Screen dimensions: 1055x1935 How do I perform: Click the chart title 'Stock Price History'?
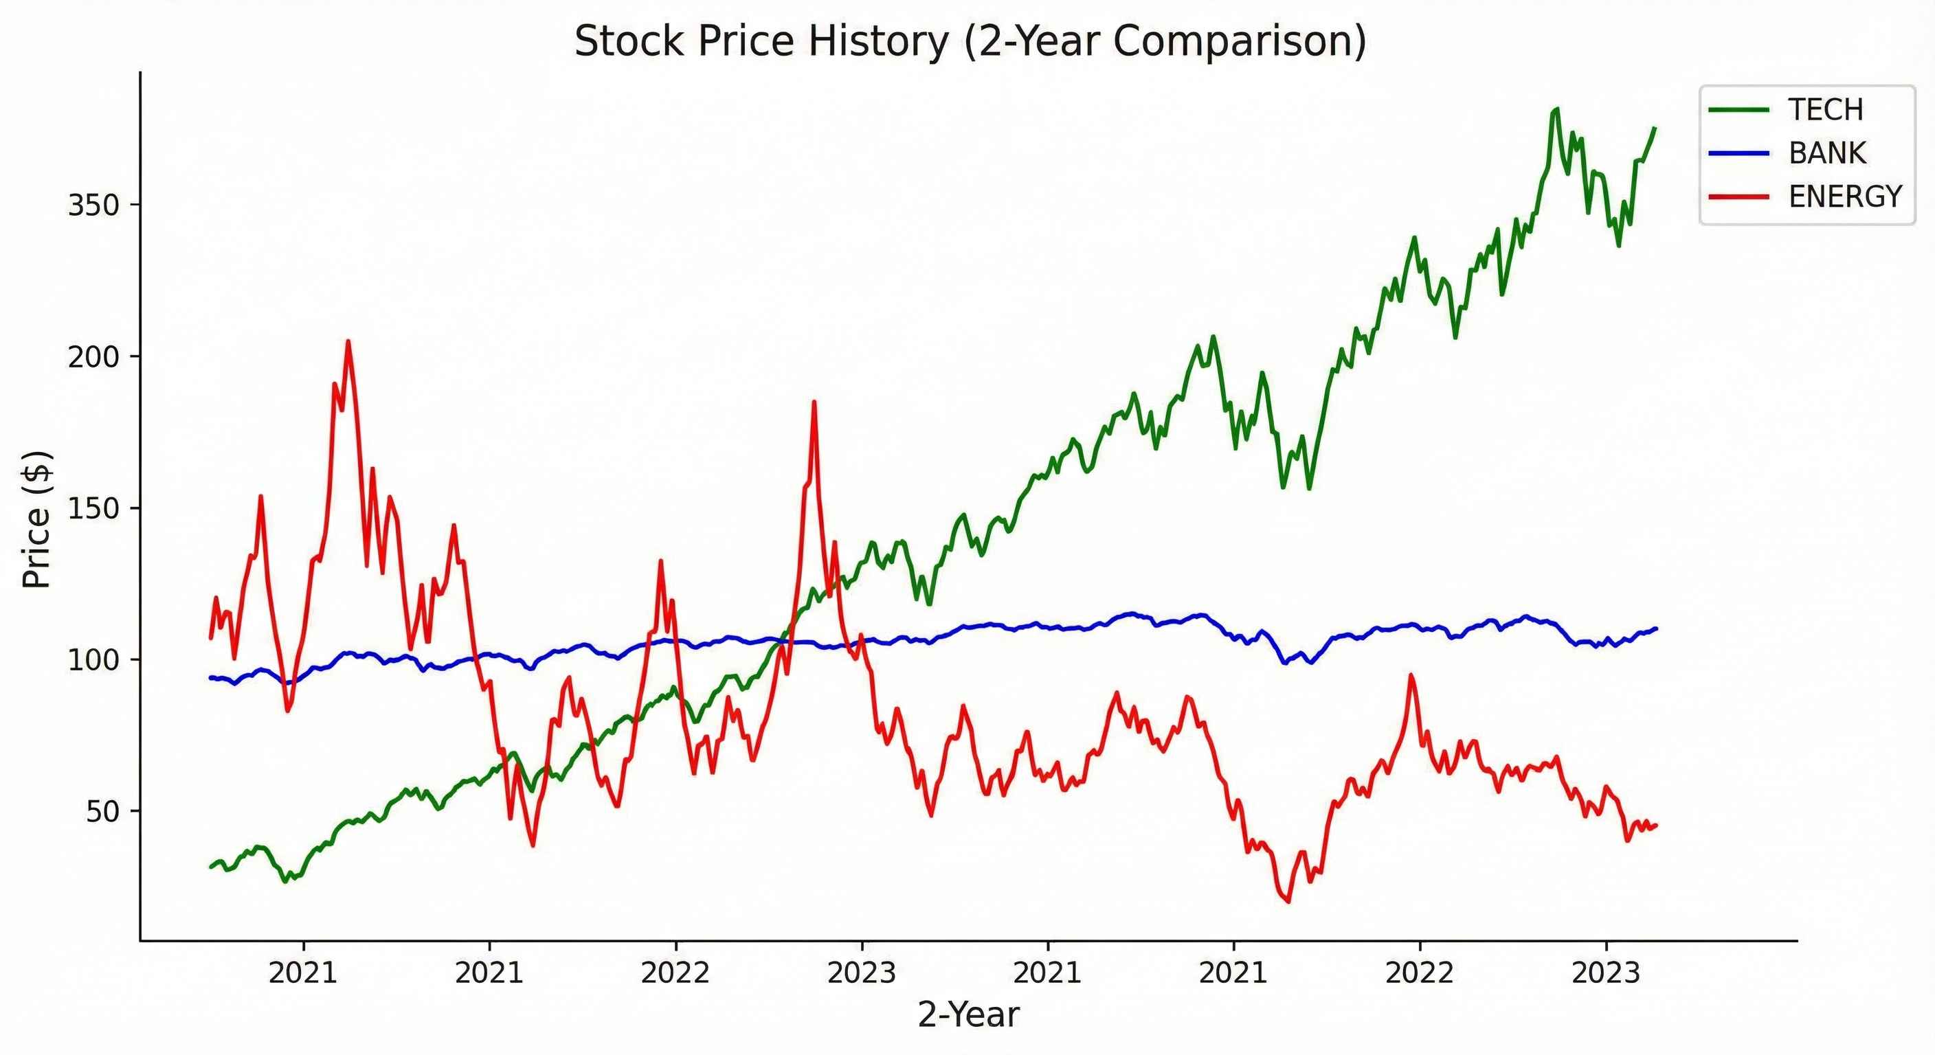click(970, 41)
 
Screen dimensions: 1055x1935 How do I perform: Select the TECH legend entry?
click(1824, 111)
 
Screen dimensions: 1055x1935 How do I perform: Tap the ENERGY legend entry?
click(1844, 196)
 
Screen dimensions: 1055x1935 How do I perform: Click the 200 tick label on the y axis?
click(94, 357)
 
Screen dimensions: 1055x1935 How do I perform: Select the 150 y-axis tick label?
click(94, 509)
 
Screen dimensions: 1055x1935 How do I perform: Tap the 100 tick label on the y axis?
click(94, 661)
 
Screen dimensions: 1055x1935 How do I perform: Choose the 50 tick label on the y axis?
click(103, 813)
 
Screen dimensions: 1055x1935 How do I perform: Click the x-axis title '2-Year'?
click(968, 1015)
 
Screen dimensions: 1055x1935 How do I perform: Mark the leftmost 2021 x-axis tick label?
click(303, 973)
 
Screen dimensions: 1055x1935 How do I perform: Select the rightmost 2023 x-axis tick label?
click(1605, 973)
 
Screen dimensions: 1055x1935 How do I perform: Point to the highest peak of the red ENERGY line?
click(348, 341)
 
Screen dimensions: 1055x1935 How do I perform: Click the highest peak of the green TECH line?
click(1556, 109)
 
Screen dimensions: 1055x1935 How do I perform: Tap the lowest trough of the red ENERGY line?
click(1289, 902)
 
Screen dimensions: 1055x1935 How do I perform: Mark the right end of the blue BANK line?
click(1656, 628)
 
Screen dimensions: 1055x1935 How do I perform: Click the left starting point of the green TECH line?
click(211, 867)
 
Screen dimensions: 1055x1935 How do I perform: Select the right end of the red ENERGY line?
click(1656, 825)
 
